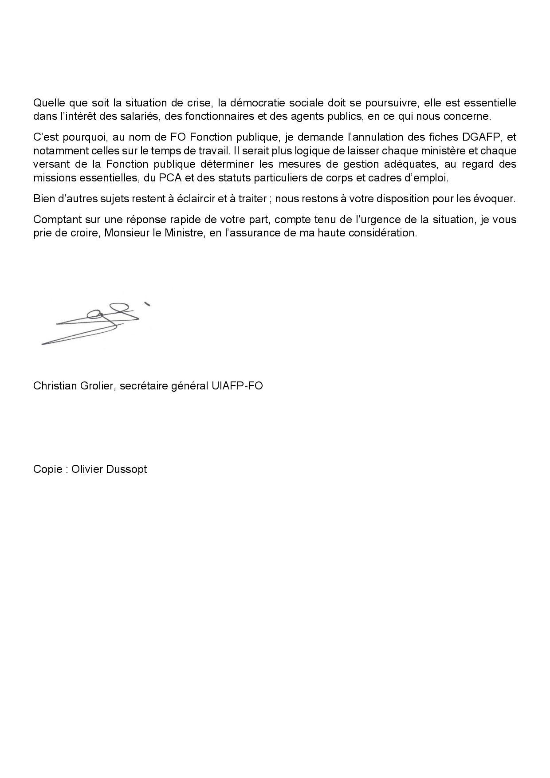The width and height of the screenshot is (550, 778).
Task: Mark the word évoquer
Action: (497, 198)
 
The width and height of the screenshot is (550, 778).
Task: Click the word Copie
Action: (47, 469)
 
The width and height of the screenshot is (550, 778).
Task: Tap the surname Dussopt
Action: (126, 469)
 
